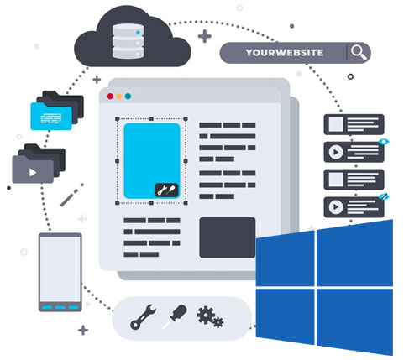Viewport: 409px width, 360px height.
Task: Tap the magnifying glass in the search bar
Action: tap(359, 52)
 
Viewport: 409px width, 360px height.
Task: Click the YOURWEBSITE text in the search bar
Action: tap(283, 52)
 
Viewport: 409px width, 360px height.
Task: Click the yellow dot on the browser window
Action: tap(118, 97)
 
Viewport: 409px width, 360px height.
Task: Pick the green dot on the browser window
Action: tap(128, 97)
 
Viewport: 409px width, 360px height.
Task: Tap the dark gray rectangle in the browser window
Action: tap(227, 237)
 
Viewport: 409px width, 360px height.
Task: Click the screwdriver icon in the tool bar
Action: tap(175, 316)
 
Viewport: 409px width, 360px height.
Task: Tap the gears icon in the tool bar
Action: tap(209, 317)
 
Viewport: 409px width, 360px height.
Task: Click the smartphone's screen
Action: tap(60, 268)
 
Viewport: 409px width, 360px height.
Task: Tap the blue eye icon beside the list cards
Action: tap(384, 143)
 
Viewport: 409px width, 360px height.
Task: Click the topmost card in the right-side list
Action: tap(353, 124)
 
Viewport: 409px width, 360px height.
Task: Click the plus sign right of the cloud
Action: tap(204, 36)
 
